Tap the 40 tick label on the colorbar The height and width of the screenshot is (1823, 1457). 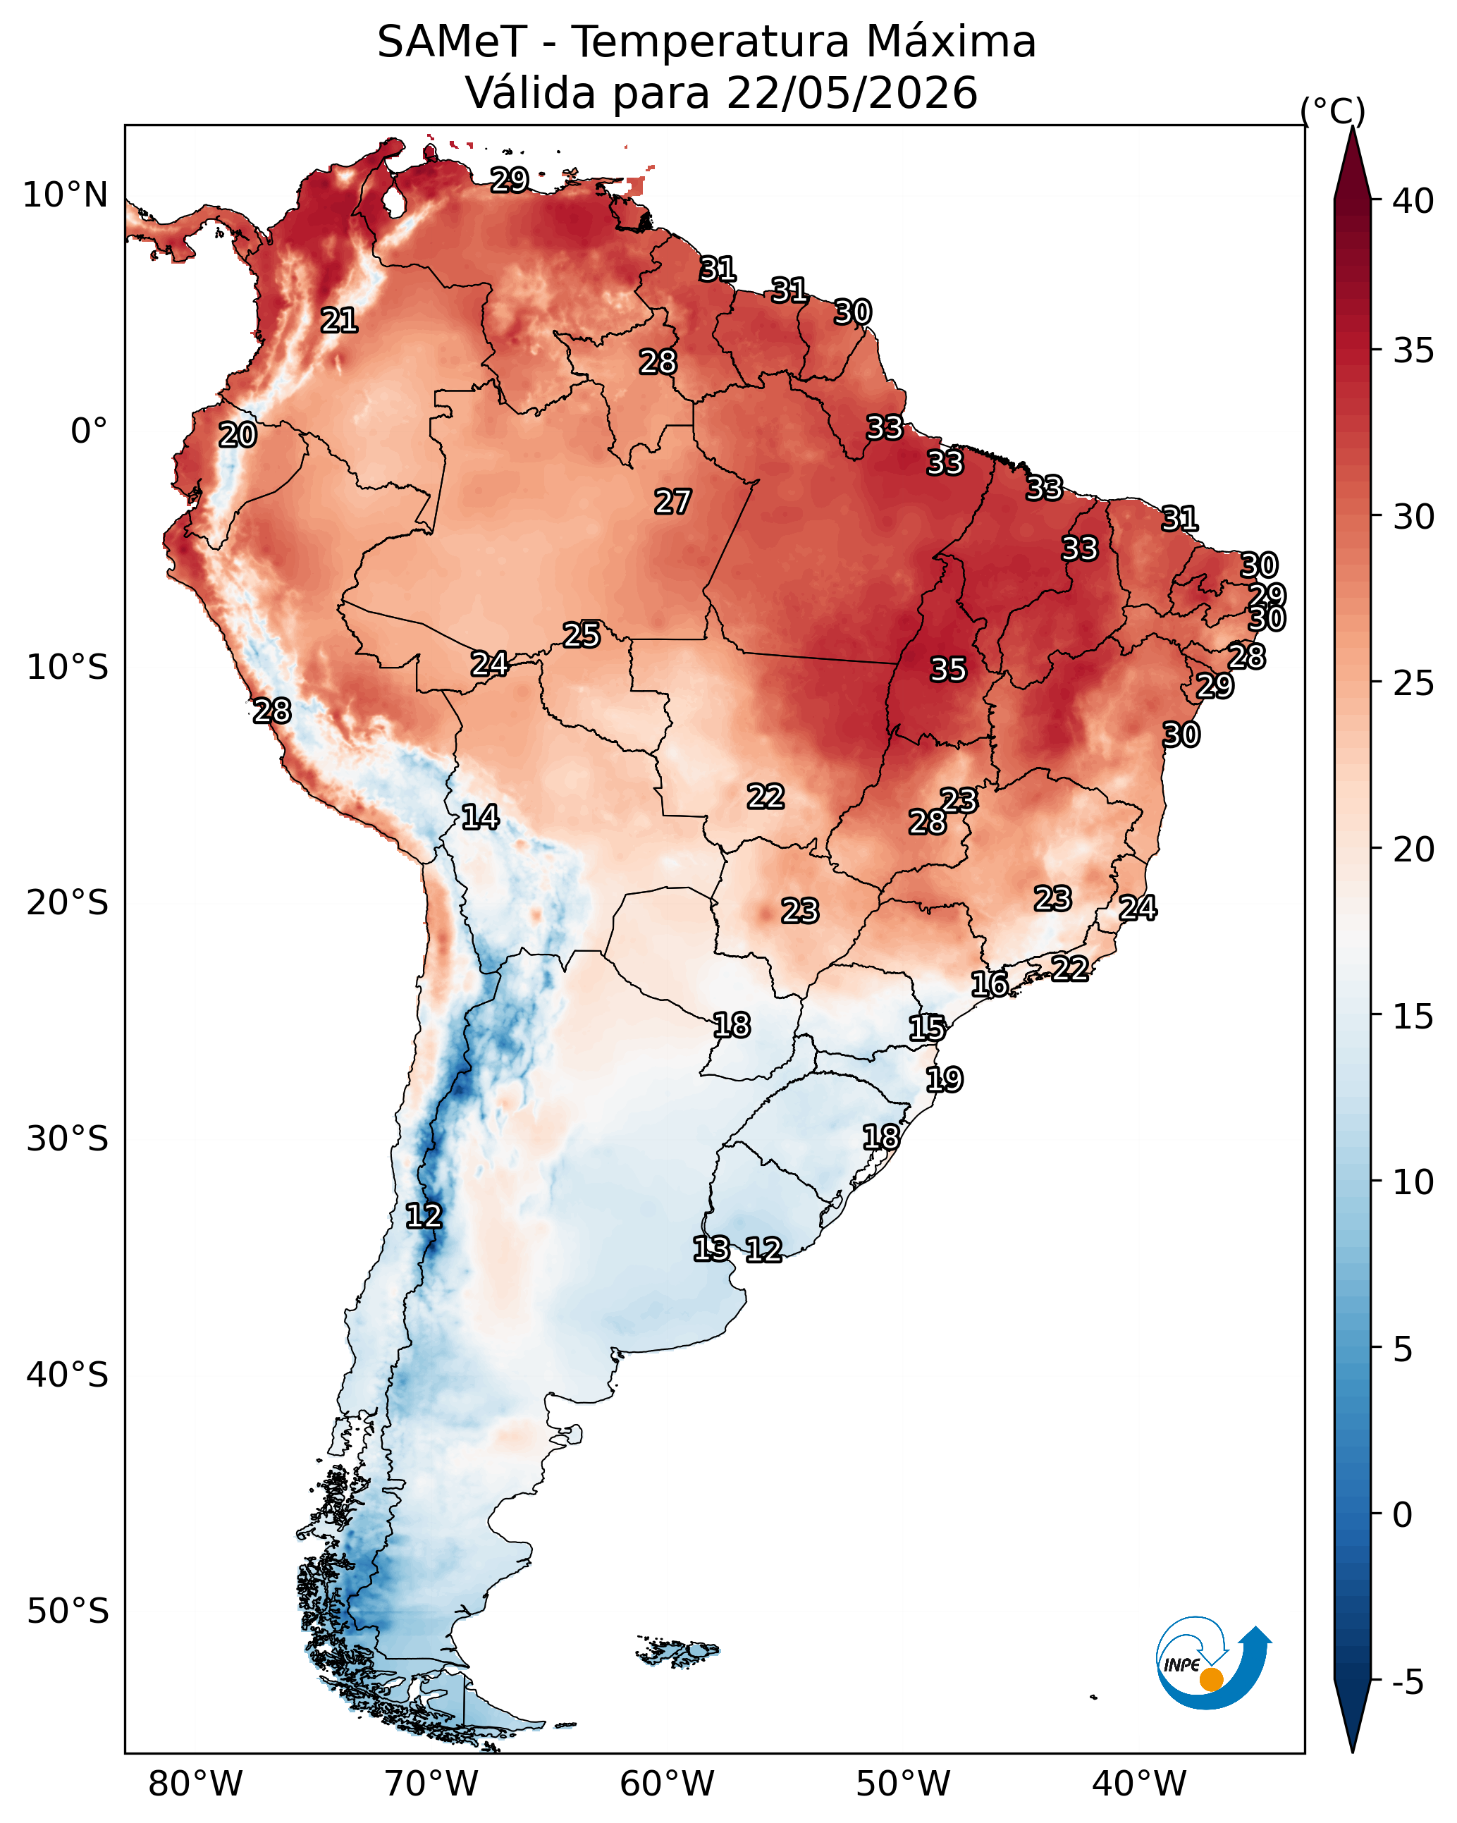pyautogui.click(x=1413, y=201)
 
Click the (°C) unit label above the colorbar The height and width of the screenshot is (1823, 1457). pyautogui.click(x=1333, y=111)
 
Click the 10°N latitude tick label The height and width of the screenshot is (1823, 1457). pyautogui.click(x=65, y=195)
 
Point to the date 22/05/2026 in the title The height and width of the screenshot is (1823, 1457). pyautogui.click(x=852, y=93)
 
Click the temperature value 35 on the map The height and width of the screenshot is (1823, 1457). pyautogui.click(x=948, y=670)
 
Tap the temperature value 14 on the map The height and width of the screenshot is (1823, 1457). pyautogui.click(x=480, y=817)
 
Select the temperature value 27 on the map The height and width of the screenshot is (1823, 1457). pyautogui.click(x=673, y=501)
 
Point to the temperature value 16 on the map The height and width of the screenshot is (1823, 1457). pyautogui.click(x=990, y=983)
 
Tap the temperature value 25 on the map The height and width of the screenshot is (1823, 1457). pyautogui.click(x=582, y=634)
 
